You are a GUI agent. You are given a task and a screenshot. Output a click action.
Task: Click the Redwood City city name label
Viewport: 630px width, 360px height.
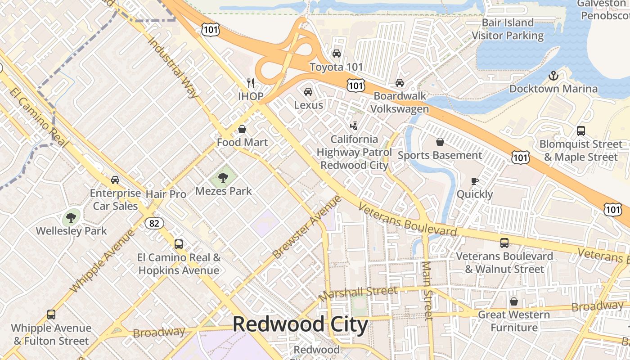300,324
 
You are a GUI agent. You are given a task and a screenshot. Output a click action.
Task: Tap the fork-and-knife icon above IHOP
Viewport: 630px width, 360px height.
251,83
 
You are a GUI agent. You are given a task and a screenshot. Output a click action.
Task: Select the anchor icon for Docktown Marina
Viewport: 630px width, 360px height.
553,76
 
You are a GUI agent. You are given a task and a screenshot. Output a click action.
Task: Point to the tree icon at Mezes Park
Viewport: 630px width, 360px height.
223,178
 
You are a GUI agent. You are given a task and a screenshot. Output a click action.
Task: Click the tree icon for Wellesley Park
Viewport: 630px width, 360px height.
71,218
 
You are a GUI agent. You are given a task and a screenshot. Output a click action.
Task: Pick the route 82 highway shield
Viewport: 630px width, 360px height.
154,223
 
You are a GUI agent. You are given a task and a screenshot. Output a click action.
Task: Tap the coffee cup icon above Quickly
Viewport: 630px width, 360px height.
474,181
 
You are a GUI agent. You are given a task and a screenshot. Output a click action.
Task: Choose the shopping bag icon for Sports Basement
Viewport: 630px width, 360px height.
440,142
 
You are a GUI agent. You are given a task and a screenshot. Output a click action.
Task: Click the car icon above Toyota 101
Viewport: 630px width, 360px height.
336,54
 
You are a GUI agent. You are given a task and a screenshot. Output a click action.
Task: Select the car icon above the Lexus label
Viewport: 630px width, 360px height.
308,92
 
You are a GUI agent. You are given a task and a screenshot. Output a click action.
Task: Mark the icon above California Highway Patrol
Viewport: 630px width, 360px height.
355,126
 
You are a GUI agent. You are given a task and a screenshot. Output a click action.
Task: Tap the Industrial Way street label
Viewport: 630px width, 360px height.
173,67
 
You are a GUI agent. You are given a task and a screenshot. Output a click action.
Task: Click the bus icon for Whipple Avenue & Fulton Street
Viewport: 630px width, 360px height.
51,315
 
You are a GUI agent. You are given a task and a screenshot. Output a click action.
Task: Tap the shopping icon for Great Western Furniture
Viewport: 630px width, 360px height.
513,301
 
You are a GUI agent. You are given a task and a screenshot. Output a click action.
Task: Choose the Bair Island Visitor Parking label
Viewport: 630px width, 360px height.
508,29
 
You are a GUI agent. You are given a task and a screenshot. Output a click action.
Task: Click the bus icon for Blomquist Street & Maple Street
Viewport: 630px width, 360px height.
581,131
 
